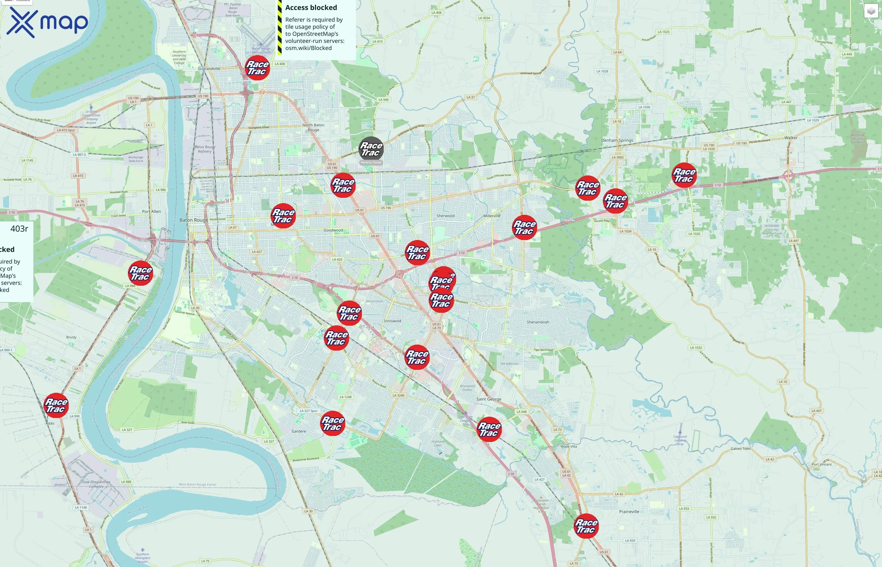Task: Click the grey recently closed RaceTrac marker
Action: [x=371, y=149]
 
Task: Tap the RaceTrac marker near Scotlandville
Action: [x=257, y=68]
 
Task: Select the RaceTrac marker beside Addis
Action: [x=56, y=405]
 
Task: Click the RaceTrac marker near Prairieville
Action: [x=586, y=526]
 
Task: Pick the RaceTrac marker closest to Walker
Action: [x=684, y=175]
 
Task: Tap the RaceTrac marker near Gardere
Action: [x=333, y=423]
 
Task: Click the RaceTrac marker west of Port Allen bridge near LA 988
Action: [x=140, y=273]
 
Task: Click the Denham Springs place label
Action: [x=617, y=140]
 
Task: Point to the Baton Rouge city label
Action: [x=194, y=220]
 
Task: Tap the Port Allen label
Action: [x=151, y=212]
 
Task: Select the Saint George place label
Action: [x=489, y=399]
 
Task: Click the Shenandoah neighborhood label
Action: [x=537, y=322]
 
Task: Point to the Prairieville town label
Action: [x=629, y=512]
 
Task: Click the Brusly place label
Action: [x=72, y=337]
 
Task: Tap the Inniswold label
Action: [x=392, y=321]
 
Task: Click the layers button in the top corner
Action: [x=871, y=11]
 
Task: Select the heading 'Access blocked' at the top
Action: [x=311, y=8]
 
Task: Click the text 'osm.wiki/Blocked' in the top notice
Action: [x=308, y=48]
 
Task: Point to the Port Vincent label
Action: [x=822, y=464]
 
